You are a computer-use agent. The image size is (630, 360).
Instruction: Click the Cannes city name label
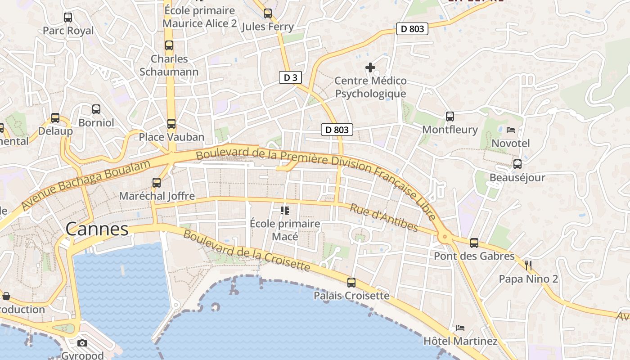tap(97, 229)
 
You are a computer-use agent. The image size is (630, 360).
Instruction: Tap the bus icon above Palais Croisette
tap(351, 283)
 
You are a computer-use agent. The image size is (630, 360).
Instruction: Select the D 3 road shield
tap(290, 77)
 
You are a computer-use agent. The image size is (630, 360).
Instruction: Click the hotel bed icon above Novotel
tap(511, 130)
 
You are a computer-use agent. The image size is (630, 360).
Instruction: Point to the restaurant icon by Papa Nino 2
tap(528, 265)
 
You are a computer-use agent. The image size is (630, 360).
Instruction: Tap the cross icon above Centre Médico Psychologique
tap(370, 67)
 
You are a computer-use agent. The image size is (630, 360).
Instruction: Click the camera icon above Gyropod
tap(82, 343)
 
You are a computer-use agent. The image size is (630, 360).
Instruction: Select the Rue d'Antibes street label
tap(384, 217)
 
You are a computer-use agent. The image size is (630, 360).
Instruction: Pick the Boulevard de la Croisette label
tap(247, 251)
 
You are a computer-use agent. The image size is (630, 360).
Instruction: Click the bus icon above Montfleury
tap(450, 117)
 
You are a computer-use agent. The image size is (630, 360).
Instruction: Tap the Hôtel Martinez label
tap(460, 341)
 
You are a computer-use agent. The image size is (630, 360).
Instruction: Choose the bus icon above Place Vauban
tap(171, 124)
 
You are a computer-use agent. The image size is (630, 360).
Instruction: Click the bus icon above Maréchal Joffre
tap(157, 183)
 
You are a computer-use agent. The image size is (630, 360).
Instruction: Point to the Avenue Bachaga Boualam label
tap(85, 185)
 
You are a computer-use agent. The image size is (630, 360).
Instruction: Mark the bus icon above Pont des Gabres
tap(474, 243)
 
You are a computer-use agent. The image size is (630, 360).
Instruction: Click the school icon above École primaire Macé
tap(284, 210)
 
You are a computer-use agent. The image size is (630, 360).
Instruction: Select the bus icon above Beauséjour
tap(517, 164)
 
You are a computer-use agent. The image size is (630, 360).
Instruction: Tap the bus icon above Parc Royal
tap(68, 18)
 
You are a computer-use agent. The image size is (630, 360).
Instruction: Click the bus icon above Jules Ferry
tap(268, 13)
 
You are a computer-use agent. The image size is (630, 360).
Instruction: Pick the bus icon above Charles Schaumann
tap(169, 45)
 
